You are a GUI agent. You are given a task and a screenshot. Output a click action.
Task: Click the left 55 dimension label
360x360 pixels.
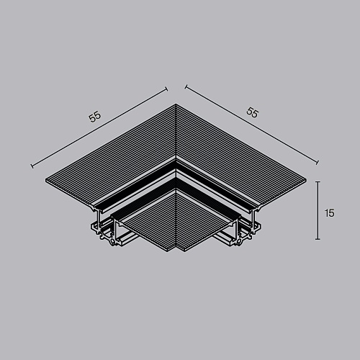(95, 117)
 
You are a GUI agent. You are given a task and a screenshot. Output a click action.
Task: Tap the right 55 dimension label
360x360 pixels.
(252, 112)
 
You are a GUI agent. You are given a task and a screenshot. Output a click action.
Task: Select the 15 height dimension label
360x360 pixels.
(330, 213)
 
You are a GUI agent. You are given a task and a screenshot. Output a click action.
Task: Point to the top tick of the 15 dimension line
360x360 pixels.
(318, 181)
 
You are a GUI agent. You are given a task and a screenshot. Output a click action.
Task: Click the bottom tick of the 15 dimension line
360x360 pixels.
(318, 239)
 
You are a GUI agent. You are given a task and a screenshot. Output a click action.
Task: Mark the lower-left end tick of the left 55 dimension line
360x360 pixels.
(32, 166)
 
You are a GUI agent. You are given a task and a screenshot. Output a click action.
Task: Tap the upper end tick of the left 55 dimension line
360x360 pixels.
(166, 89)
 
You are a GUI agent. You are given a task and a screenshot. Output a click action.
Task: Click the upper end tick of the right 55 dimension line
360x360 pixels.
(186, 87)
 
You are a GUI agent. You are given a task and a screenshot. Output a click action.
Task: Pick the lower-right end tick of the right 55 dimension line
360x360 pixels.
(318, 163)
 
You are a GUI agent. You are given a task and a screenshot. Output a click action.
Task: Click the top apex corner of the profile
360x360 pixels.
(176, 104)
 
